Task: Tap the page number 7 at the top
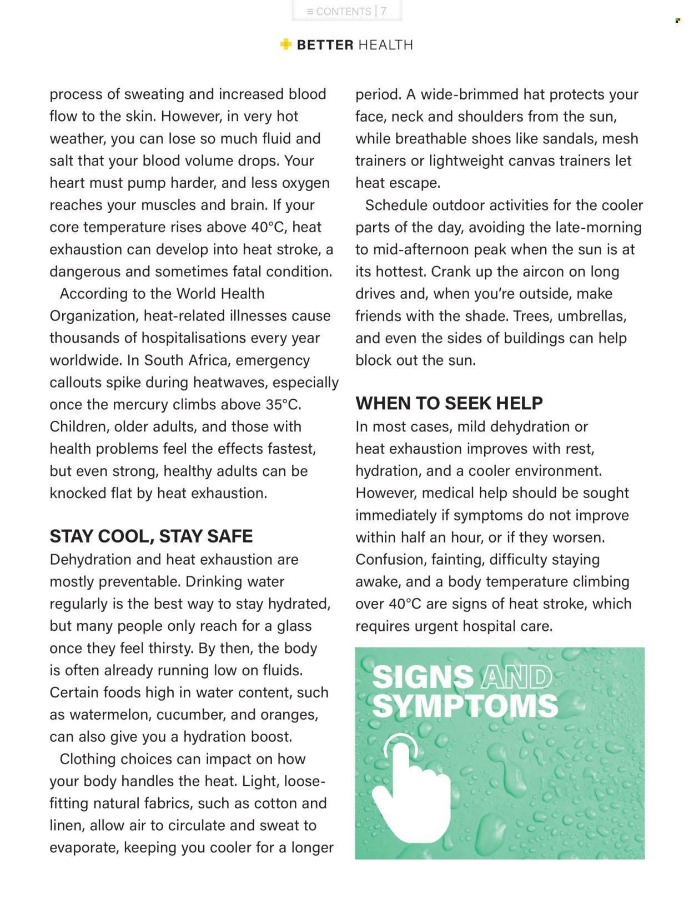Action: click(384, 11)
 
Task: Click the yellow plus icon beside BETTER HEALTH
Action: click(286, 44)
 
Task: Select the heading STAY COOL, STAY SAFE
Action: click(151, 536)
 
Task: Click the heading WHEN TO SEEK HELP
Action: click(449, 403)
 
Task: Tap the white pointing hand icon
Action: click(411, 789)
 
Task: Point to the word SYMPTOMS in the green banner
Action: click(465, 706)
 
